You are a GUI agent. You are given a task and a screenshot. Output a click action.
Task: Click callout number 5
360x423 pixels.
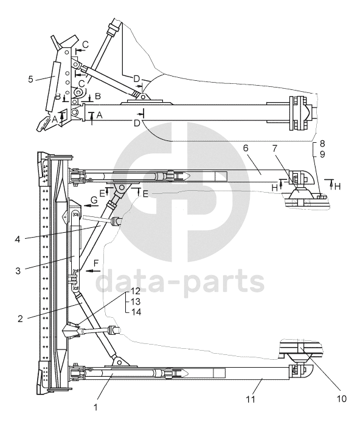(30, 79)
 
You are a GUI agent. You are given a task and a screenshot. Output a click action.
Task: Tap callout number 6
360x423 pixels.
(246, 148)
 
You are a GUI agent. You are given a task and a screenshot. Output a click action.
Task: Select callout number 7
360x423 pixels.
(274, 148)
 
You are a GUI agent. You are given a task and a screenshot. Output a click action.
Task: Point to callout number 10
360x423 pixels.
(341, 398)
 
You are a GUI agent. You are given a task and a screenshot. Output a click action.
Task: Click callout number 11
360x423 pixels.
(251, 399)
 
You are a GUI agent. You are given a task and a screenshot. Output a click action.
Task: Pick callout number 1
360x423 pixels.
(95, 407)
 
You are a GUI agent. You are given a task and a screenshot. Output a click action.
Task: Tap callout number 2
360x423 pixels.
(20, 318)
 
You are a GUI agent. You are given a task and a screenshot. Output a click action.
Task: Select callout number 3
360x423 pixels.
(18, 270)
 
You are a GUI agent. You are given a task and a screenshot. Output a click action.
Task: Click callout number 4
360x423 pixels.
(17, 239)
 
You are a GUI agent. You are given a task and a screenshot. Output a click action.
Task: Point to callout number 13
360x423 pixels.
(136, 301)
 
